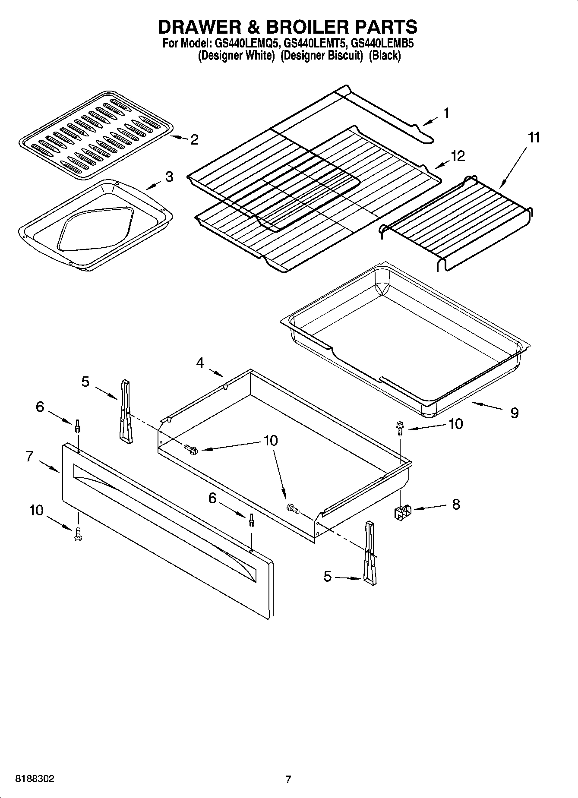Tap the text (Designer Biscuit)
point(322,56)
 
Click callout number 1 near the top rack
point(446,114)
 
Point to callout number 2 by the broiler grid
point(194,139)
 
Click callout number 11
point(534,138)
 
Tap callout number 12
point(458,156)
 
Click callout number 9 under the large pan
point(514,413)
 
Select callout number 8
point(456,504)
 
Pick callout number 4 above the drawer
point(200,363)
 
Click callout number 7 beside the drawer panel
point(29,456)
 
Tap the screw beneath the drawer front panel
point(78,533)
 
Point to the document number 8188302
point(35,779)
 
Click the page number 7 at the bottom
point(288,779)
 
